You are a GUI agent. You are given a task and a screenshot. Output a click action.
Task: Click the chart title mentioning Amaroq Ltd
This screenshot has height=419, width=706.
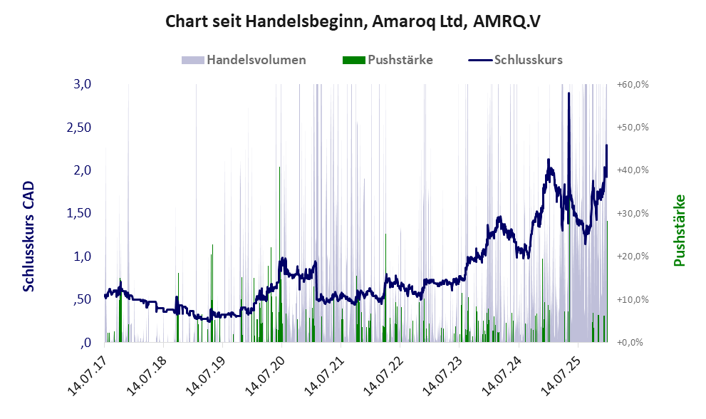point(353,21)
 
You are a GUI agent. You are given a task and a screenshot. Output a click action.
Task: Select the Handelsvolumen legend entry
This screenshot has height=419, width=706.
point(256,60)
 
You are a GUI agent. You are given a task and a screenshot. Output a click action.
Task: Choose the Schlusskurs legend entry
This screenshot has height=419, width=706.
point(528,60)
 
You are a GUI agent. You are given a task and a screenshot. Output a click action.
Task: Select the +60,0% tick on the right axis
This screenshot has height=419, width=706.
point(632,84)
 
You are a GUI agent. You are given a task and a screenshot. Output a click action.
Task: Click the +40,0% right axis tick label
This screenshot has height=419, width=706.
point(632,170)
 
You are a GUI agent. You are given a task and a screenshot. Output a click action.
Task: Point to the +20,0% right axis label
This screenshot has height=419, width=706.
point(632,257)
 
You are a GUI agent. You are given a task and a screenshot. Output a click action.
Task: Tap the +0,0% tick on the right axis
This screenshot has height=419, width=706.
point(630,343)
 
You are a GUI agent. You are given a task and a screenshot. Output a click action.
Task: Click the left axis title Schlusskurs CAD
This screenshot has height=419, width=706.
point(28,236)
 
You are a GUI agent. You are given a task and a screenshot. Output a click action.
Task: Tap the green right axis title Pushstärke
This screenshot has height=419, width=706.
point(679,230)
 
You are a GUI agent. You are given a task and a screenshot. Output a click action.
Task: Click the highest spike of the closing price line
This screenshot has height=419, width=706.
point(569,94)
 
